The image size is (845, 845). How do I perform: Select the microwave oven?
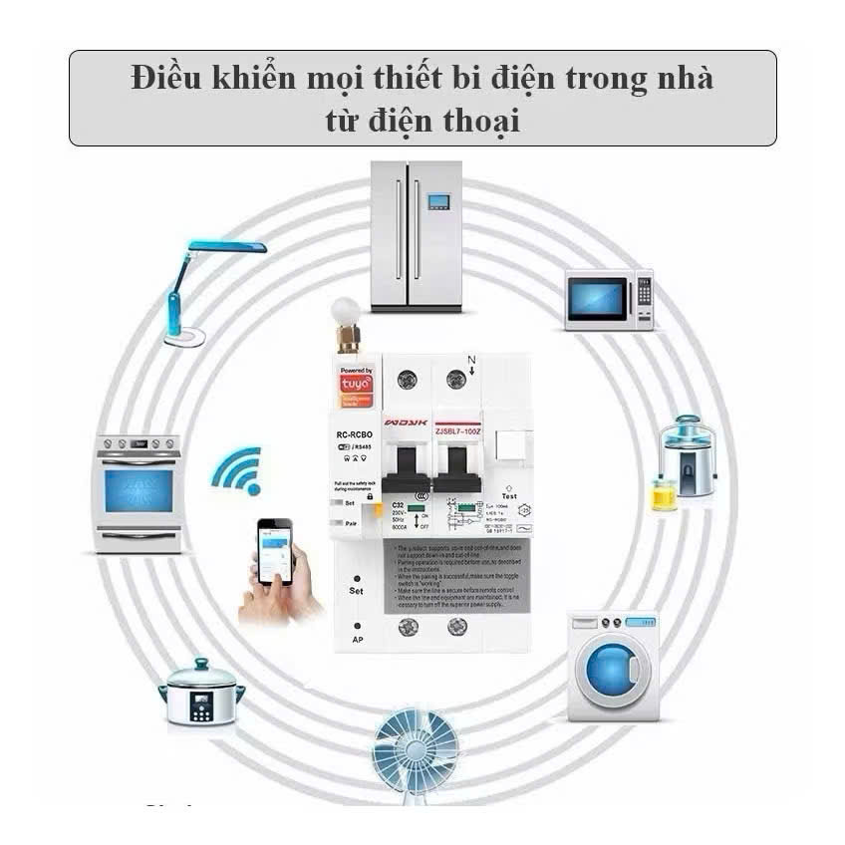click(609, 298)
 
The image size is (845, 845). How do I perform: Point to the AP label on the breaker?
click(356, 638)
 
